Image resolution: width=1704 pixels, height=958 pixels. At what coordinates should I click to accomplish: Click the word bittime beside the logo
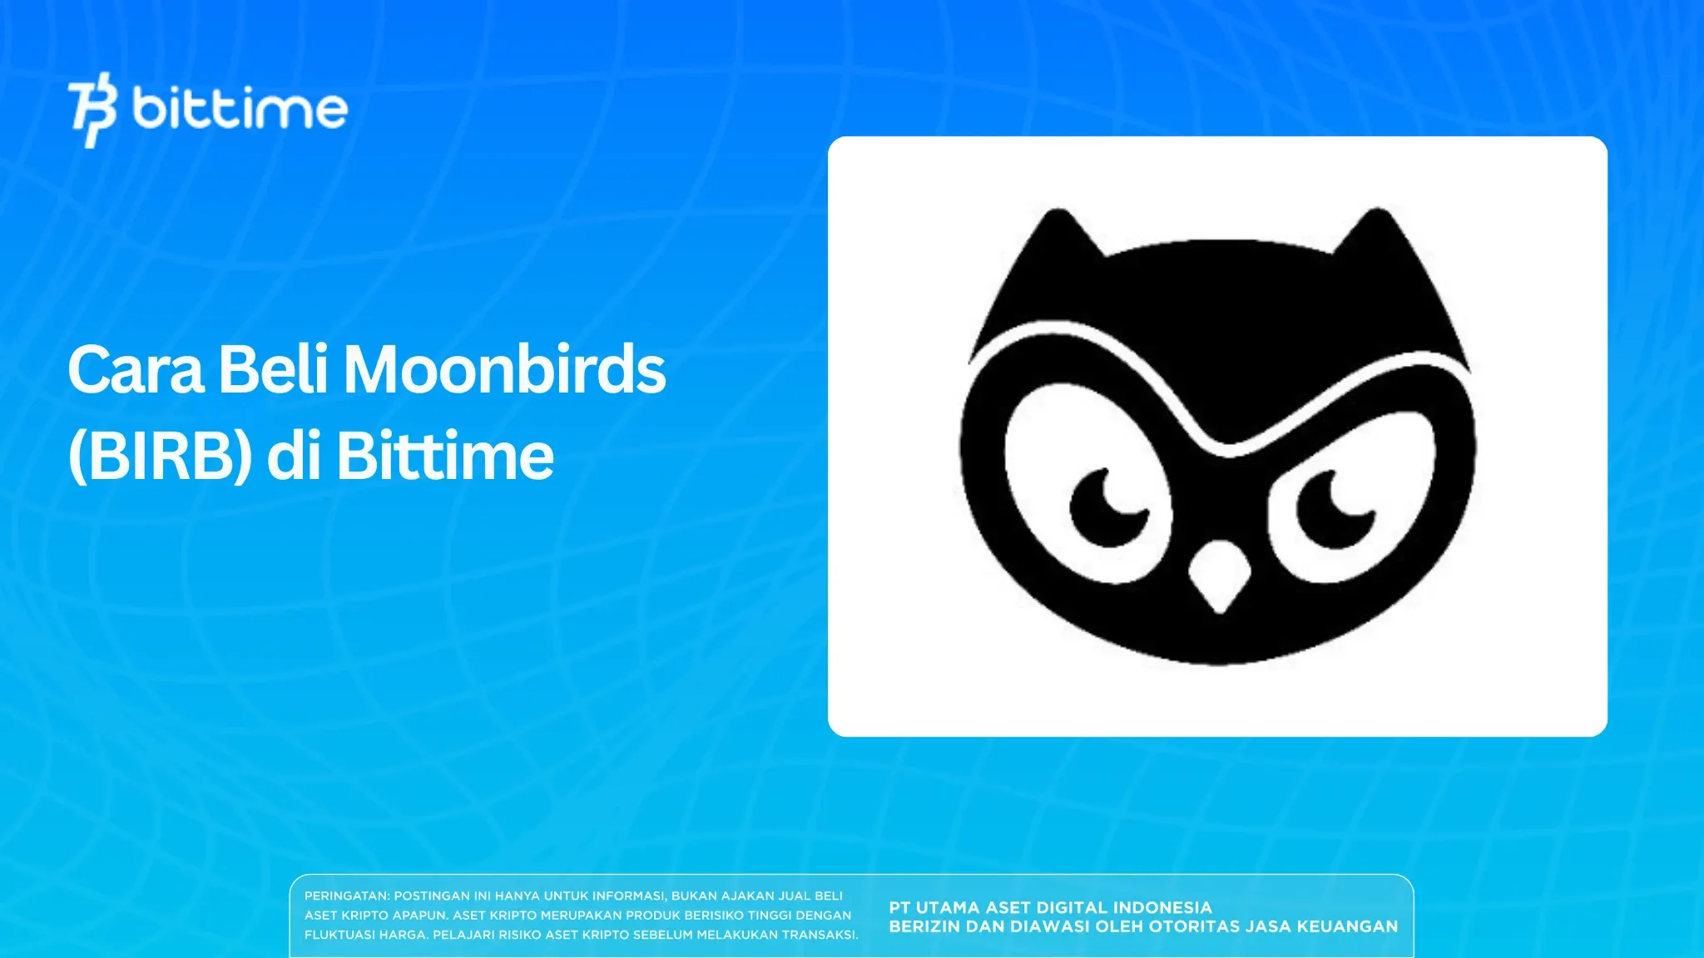tap(240, 110)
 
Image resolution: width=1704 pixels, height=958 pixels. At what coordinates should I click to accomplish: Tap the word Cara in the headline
tap(136, 370)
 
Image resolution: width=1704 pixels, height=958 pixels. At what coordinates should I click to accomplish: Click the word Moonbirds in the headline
tap(505, 370)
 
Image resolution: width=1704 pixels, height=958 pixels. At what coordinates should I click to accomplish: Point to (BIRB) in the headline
tap(160, 457)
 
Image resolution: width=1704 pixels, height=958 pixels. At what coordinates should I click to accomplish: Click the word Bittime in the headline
tap(445, 457)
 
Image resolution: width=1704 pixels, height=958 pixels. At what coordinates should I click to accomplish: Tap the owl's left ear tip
tap(1058, 216)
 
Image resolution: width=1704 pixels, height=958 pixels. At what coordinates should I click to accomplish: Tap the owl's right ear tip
tap(1377, 216)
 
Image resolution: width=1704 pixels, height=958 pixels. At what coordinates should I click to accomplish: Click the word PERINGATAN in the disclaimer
tap(345, 896)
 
